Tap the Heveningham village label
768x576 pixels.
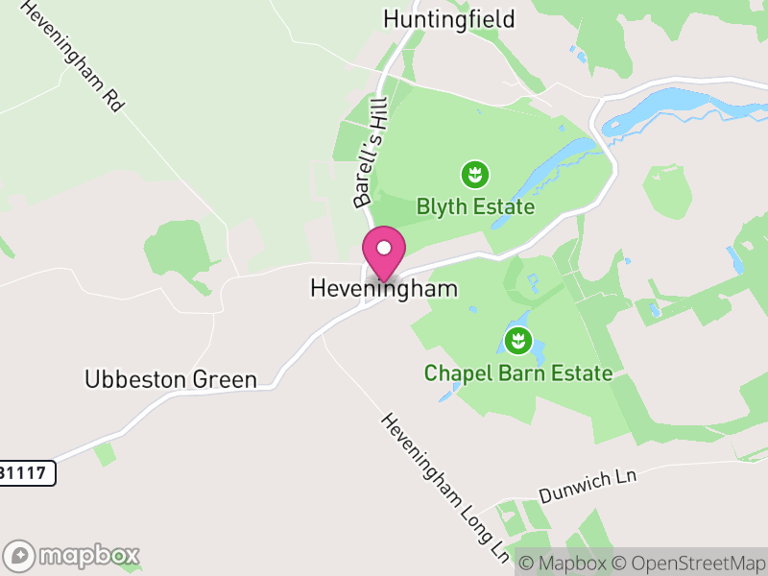[384, 288]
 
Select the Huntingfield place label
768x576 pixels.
[449, 19]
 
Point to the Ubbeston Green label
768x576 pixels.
[171, 379]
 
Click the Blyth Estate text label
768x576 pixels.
[475, 206]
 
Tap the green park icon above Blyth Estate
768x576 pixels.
[474, 175]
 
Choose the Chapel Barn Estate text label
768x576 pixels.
[518, 372]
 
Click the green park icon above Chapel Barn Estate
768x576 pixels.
[517, 340]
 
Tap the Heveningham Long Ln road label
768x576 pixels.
[445, 489]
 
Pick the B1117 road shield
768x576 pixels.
[27, 472]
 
